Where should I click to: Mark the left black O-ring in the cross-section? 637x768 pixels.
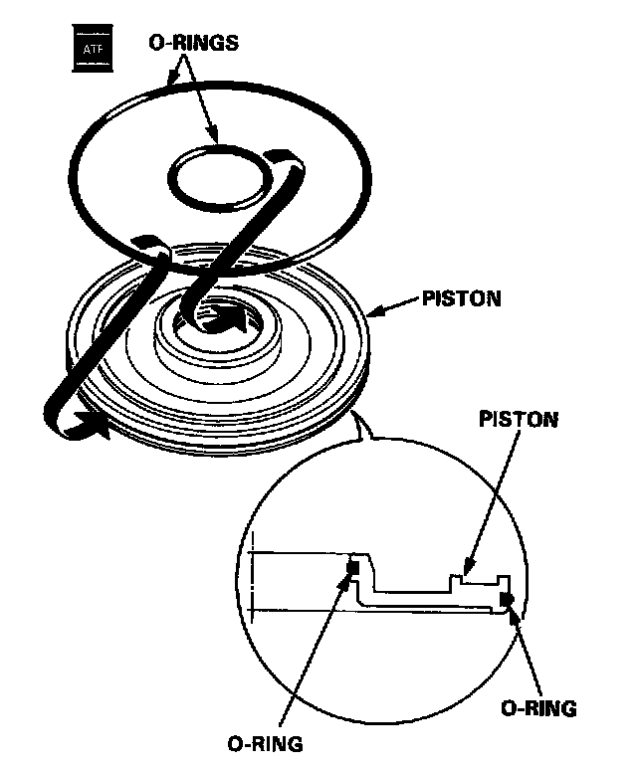(x=350, y=568)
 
